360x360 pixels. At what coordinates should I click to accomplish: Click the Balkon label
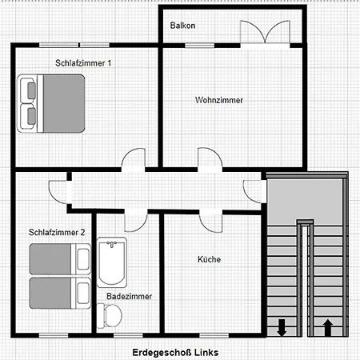point(182,26)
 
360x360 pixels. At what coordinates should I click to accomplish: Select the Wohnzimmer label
point(218,100)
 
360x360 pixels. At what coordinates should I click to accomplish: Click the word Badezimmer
point(129,296)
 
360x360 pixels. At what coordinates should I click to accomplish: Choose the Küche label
point(209,259)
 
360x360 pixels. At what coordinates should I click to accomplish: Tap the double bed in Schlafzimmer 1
point(51,103)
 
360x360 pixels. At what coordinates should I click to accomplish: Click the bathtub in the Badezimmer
point(110,261)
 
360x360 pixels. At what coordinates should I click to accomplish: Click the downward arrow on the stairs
point(282,326)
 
